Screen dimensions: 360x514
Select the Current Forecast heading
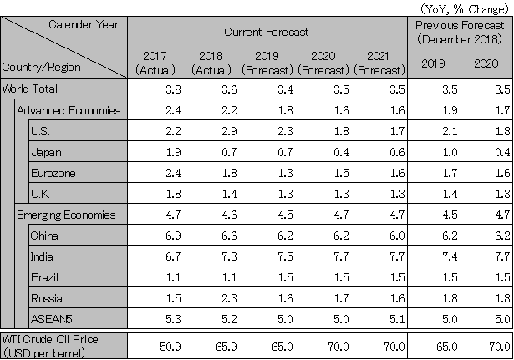tap(267, 31)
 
